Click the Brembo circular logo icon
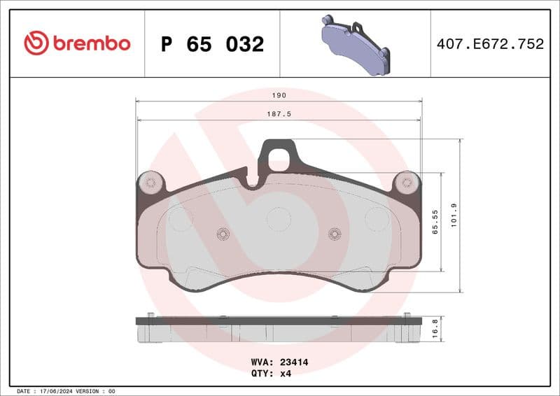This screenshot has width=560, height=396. pyautogui.click(x=36, y=43)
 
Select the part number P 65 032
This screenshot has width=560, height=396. pyautogui.click(x=212, y=44)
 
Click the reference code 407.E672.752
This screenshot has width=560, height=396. pyautogui.click(x=490, y=44)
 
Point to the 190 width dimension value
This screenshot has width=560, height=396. pyautogui.click(x=279, y=94)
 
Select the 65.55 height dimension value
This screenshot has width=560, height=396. pyautogui.click(x=435, y=222)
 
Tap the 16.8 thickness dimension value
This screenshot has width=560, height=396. pyautogui.click(x=435, y=328)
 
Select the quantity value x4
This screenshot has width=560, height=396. pyautogui.click(x=285, y=373)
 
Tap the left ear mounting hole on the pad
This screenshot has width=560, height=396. pyautogui.click(x=150, y=183)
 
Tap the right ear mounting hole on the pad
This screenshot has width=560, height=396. pyautogui.click(x=406, y=183)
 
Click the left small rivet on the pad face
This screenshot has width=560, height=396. pyautogui.click(x=223, y=234)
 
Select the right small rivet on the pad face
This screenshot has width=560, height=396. pyautogui.click(x=334, y=234)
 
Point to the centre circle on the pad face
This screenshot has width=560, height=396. pyautogui.click(x=279, y=220)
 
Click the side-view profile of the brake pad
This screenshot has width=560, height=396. pyautogui.click(x=279, y=329)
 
